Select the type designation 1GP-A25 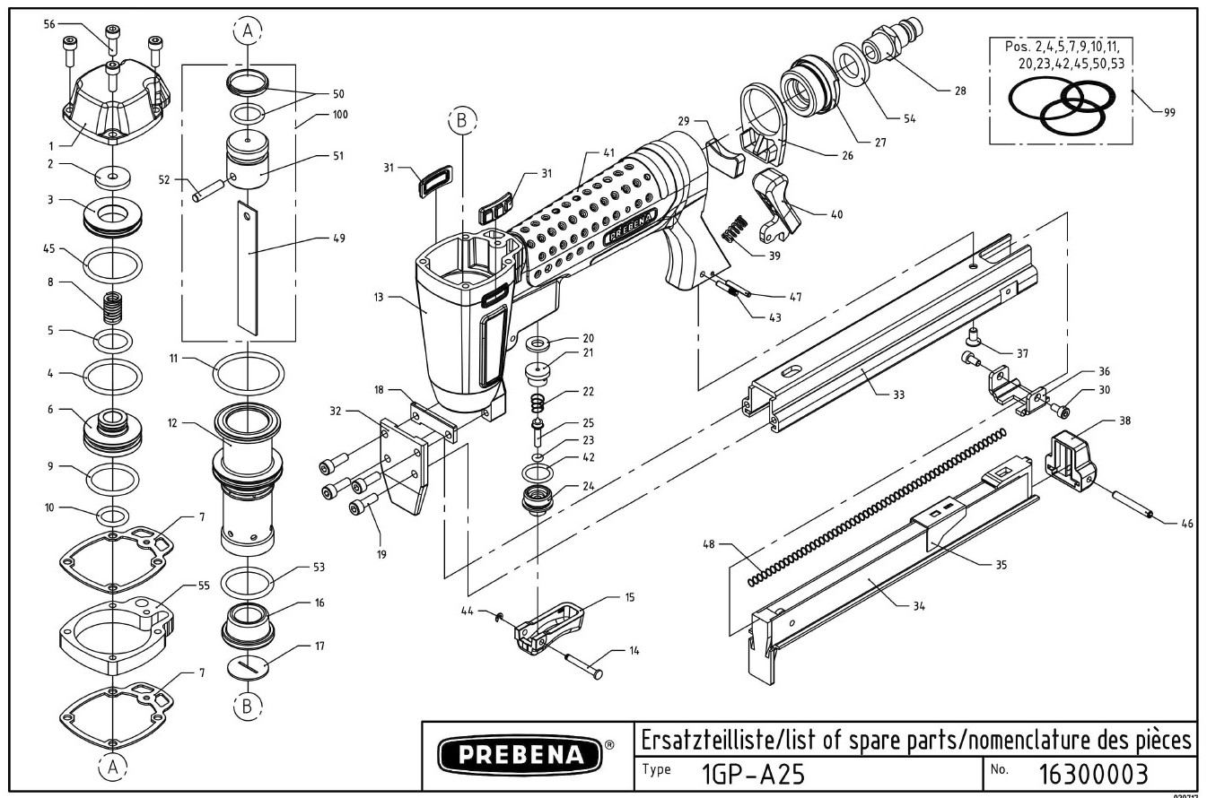coord(740,773)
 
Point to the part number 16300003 coord(1092,773)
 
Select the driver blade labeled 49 coord(247,265)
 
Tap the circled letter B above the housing coord(461,120)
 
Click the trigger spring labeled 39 coord(737,231)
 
